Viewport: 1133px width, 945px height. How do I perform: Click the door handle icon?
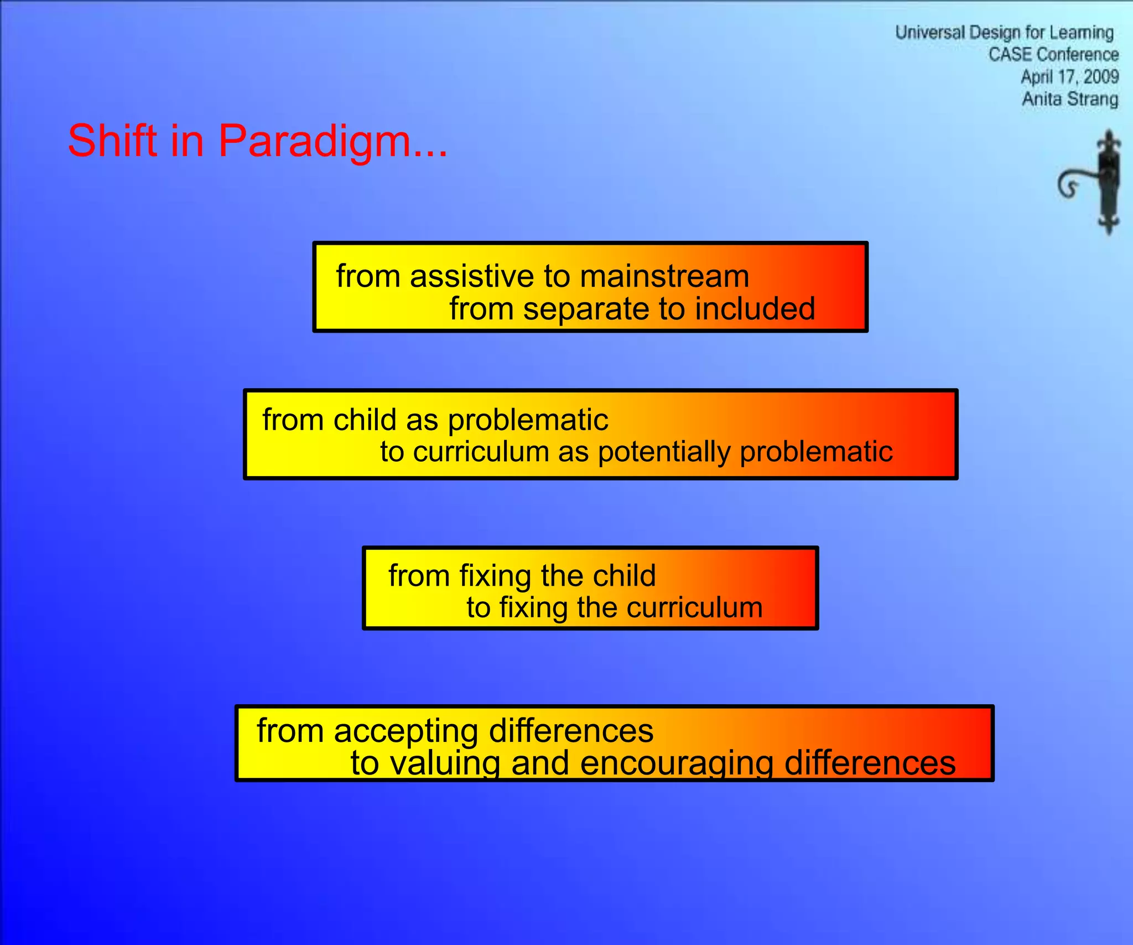(1095, 183)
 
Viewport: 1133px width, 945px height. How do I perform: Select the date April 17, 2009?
(1069, 77)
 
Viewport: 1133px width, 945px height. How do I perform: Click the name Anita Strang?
(1069, 99)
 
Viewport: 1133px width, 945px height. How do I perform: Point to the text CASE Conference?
(1053, 55)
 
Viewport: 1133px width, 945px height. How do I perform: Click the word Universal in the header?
(929, 33)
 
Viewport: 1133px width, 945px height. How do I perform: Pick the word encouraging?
(677, 763)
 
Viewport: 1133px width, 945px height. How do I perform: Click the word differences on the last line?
(870, 763)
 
